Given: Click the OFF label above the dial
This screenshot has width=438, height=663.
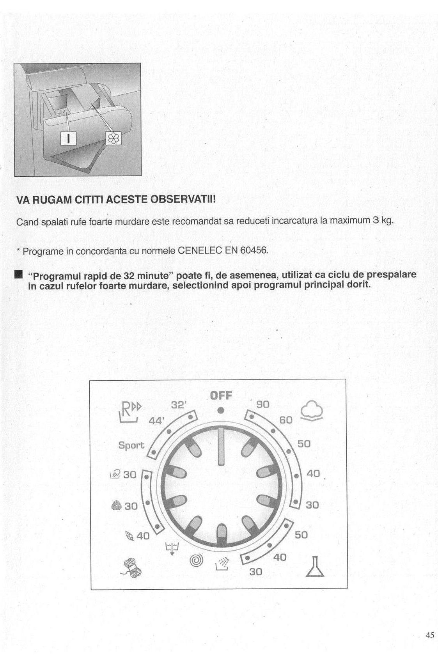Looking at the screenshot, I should (x=221, y=395).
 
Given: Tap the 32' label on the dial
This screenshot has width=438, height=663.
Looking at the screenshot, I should (x=179, y=405).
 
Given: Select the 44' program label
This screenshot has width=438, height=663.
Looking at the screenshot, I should (x=157, y=421).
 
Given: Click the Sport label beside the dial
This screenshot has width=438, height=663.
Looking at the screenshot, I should (x=131, y=445).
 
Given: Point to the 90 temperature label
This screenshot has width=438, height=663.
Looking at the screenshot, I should (x=262, y=404).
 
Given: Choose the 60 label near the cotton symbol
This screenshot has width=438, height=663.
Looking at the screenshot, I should (x=286, y=420).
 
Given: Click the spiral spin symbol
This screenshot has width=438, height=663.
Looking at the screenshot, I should (x=197, y=560).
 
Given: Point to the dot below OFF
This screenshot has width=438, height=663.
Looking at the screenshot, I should (x=221, y=410).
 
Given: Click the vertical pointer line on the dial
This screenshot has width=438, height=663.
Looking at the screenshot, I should (x=221, y=447).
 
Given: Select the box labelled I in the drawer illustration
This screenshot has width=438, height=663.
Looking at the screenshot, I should (x=68, y=138).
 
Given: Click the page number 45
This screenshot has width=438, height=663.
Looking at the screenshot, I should (x=430, y=635).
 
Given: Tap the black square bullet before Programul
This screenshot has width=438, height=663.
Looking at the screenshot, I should (x=18, y=275).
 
